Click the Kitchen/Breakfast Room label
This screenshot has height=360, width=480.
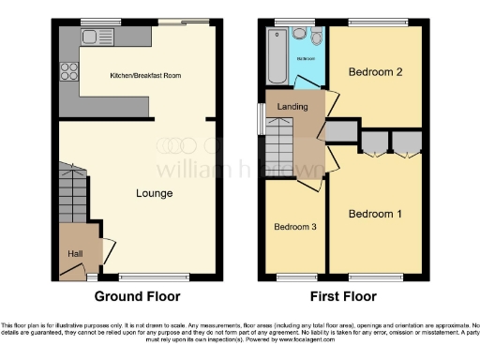coord(144,75)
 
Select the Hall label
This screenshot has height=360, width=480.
coord(74,253)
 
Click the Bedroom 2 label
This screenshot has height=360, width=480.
coord(375,72)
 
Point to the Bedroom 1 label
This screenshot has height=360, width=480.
coord(375,214)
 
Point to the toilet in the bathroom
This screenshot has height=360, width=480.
coord(316,37)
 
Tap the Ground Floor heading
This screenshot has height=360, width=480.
coord(136,296)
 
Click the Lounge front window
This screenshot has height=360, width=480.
coord(150,276)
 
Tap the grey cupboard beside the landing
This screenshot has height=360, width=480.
coord(342,130)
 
